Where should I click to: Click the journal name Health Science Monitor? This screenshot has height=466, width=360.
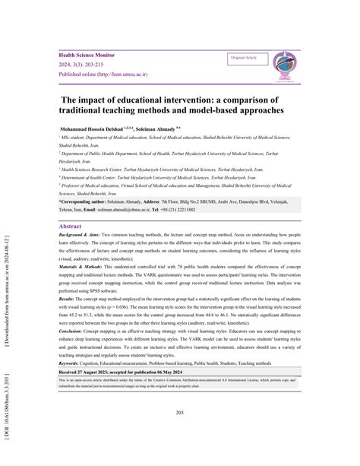[x=93, y=55]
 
